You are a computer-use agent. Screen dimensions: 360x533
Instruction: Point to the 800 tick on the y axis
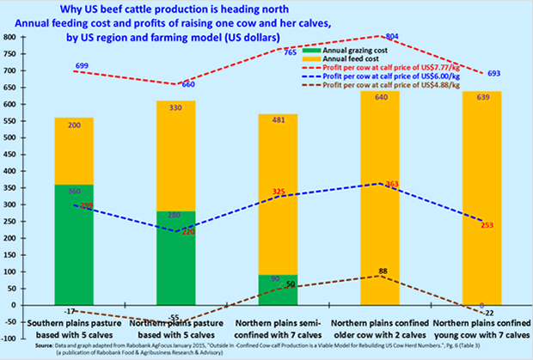point(12,38)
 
